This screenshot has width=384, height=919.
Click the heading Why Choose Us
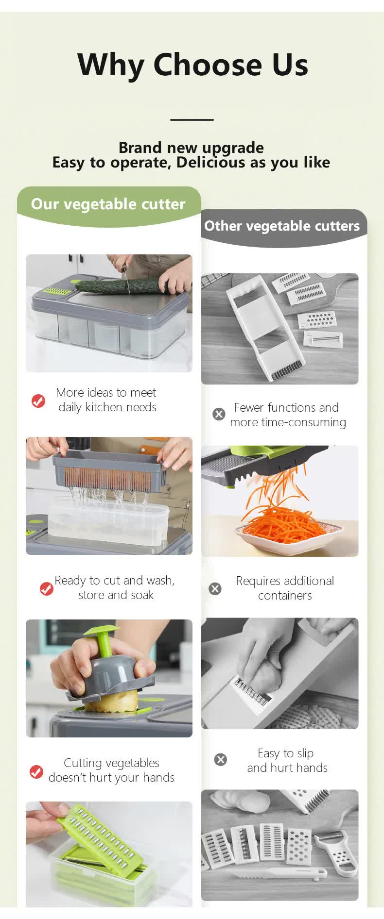pyautogui.click(x=192, y=65)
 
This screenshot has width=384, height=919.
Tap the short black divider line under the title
pyautogui.click(x=192, y=119)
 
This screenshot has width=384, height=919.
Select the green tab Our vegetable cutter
pyautogui.click(x=108, y=204)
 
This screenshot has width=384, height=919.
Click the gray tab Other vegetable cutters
pyautogui.click(x=282, y=226)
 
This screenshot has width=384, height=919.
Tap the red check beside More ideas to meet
pyautogui.click(x=38, y=401)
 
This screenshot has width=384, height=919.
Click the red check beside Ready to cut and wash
pyautogui.click(x=46, y=588)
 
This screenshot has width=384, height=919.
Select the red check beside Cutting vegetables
pyautogui.click(x=36, y=771)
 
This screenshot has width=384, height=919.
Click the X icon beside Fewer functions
pyautogui.click(x=219, y=414)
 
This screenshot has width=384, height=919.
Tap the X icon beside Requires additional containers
pyautogui.click(x=215, y=588)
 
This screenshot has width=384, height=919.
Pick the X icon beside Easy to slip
pyautogui.click(x=221, y=759)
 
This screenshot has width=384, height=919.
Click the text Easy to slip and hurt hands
pyautogui.click(x=287, y=760)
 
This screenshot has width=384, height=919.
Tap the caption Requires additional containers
pyautogui.click(x=285, y=588)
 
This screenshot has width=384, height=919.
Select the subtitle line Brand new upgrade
pyautogui.click(x=191, y=148)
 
